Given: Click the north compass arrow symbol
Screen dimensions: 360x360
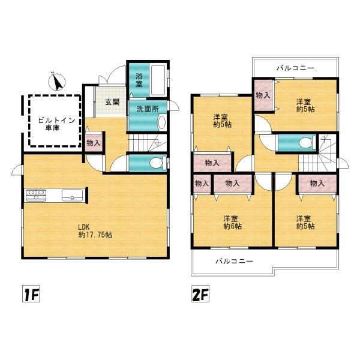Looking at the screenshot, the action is click(57, 82).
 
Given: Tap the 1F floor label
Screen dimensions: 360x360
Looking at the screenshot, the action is click(31, 293).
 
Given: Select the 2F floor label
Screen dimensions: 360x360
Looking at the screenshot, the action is click(200, 293).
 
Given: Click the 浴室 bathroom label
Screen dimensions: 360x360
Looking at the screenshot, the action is click(139, 80).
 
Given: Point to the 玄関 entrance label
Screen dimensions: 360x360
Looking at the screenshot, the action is click(112, 102).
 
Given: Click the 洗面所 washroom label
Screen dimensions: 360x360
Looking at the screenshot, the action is click(148, 109).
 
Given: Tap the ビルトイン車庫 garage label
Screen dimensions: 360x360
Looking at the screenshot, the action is click(56, 124).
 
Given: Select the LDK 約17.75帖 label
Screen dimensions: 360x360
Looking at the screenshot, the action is click(95, 231).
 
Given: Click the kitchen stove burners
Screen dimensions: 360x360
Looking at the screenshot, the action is click(36, 194).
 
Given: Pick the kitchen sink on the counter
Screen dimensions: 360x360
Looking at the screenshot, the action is click(73, 195).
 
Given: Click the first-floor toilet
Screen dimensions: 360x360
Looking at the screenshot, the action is click(158, 163).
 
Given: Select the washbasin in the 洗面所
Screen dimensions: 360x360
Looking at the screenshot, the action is click(162, 122).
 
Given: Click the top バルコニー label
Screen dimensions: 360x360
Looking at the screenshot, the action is click(295, 68).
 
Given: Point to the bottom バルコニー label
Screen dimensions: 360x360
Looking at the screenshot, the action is click(234, 261).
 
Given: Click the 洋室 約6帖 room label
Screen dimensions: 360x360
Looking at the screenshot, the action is click(232, 222).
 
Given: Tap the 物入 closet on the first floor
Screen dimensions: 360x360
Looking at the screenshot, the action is click(94, 143).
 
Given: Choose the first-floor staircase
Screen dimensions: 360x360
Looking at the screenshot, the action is click(148, 143).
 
